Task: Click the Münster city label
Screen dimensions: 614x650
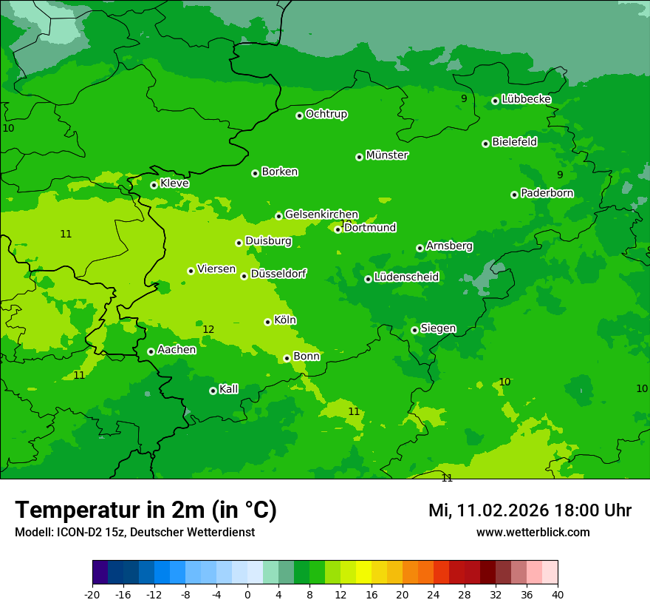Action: tap(387, 155)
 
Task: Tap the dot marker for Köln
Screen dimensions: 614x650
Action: tap(267, 322)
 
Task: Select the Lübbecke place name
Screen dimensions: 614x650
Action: tap(526, 99)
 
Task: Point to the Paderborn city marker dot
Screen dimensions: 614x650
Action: tap(514, 195)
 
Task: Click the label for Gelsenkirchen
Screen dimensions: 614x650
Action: tap(321, 215)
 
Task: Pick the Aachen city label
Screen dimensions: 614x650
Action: tap(177, 350)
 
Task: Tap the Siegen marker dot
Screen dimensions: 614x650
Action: tap(414, 330)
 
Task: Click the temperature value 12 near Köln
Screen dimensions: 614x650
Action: tap(208, 329)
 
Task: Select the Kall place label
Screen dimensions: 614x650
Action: tap(229, 389)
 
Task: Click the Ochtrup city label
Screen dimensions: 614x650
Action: tap(326, 114)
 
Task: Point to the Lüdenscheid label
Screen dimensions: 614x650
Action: tap(406, 277)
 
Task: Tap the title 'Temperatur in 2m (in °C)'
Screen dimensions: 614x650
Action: tap(146, 510)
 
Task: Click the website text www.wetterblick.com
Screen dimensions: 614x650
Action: tap(533, 533)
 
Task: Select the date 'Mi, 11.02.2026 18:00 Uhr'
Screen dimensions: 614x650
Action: tap(530, 510)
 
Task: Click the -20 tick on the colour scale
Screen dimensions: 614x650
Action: tap(92, 594)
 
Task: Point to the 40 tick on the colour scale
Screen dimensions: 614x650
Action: tap(558, 594)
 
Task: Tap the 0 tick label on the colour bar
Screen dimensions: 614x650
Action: tap(247, 594)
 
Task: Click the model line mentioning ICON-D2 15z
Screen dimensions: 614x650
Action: tap(134, 533)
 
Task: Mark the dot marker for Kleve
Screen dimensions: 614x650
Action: tap(154, 185)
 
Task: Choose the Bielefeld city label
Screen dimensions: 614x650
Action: tap(514, 142)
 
